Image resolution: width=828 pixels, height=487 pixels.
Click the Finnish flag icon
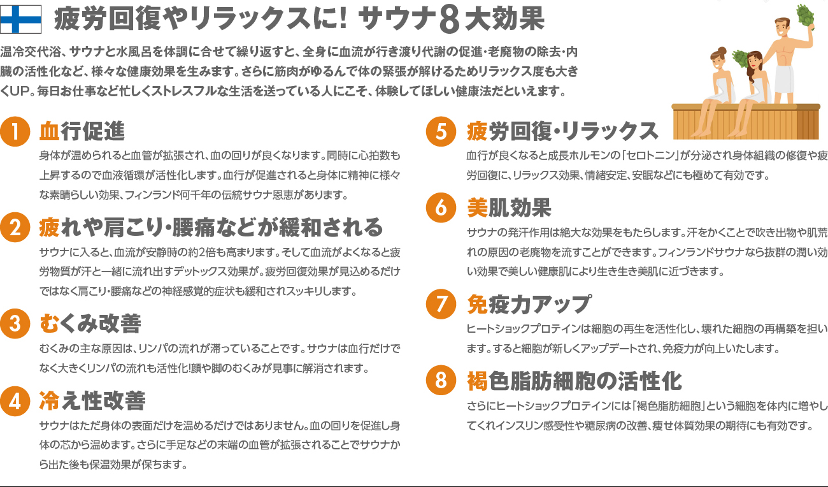pyautogui.click(x=20, y=20)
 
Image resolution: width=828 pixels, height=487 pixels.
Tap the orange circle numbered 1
pyautogui.click(x=15, y=131)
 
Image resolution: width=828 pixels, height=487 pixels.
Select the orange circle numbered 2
pyautogui.click(x=15, y=227)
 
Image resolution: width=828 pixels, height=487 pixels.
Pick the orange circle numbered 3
pyautogui.click(x=15, y=323)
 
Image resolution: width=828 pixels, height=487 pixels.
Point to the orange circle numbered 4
pyautogui.click(x=15, y=401)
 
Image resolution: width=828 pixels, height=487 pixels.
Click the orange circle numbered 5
pyautogui.click(x=441, y=131)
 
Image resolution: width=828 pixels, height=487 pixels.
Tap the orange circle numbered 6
pyautogui.click(x=441, y=208)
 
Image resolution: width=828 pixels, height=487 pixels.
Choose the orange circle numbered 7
pyautogui.click(x=441, y=304)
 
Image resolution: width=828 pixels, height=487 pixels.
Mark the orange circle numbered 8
pyautogui.click(x=441, y=380)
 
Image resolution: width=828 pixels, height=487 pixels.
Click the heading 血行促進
pyautogui.click(x=82, y=131)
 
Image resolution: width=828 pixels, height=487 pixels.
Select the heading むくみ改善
pyautogui.click(x=90, y=323)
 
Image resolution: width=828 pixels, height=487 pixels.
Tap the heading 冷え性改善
pyautogui.click(x=92, y=401)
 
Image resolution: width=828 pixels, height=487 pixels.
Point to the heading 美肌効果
pyautogui.click(x=509, y=208)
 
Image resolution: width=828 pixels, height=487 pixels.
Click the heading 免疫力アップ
pyautogui.click(x=529, y=304)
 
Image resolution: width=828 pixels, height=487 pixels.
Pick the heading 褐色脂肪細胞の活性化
pyautogui.click(x=575, y=381)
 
